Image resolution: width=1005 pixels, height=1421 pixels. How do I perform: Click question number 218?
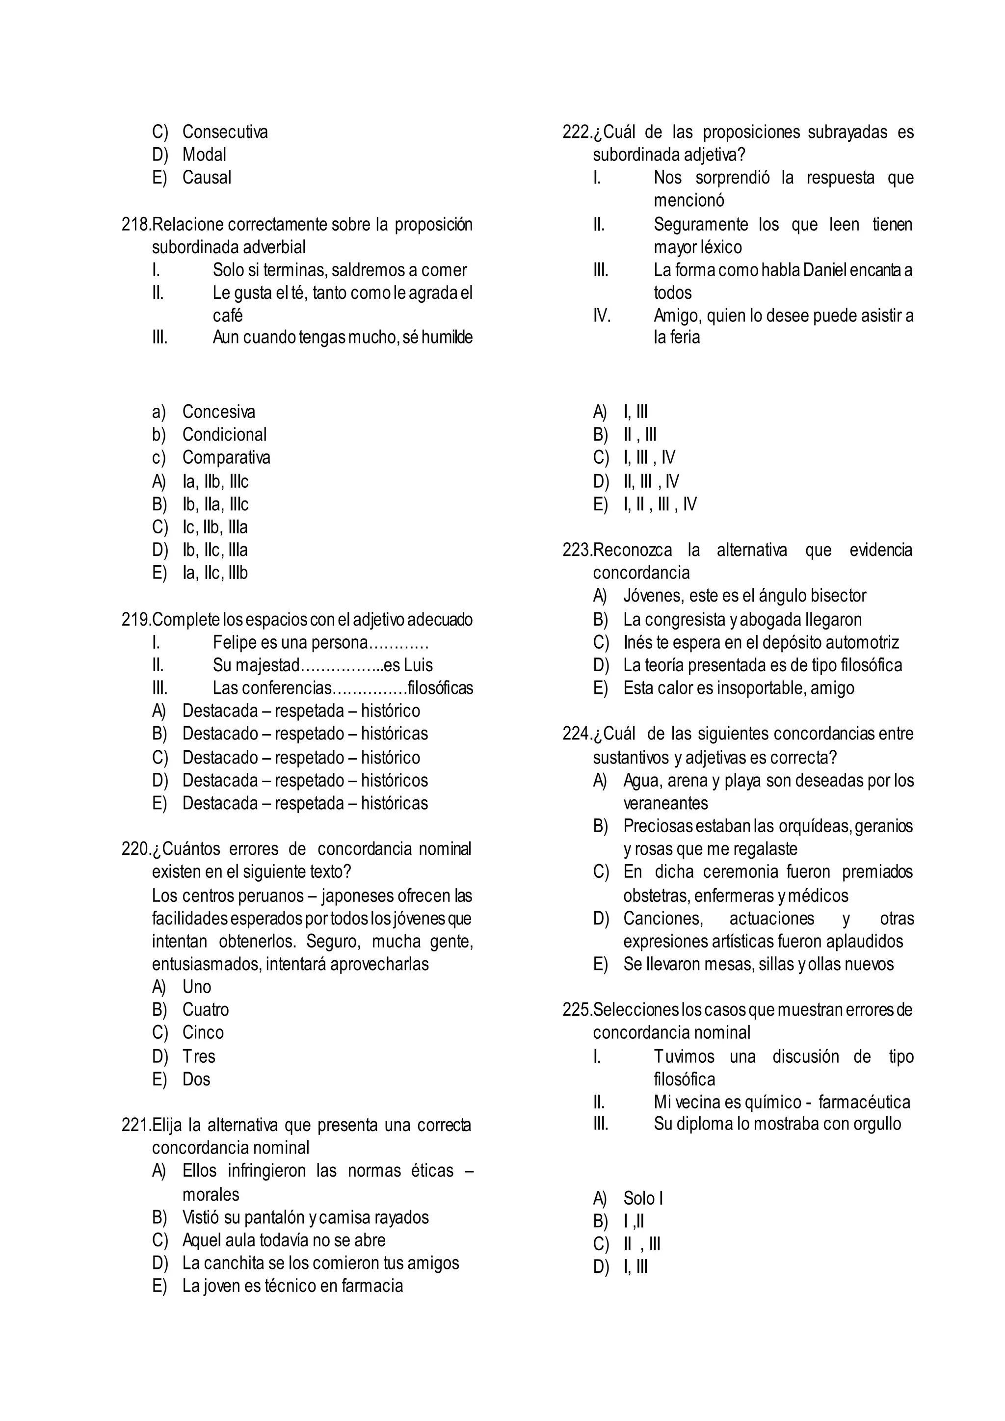(136, 224)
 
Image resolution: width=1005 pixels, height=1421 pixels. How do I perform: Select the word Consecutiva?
(225, 132)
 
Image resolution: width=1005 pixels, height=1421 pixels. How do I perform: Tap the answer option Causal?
(207, 178)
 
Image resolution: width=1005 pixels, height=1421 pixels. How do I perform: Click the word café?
(227, 316)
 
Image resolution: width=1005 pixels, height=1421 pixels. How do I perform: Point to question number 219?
(136, 620)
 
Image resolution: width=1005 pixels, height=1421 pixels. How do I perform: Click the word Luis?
(418, 665)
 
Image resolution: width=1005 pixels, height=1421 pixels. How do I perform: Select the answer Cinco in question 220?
(203, 1032)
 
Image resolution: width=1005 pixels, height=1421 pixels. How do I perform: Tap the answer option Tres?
(199, 1056)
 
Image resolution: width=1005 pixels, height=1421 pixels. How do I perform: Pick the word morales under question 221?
(211, 1194)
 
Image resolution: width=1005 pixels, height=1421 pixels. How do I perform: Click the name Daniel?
(824, 270)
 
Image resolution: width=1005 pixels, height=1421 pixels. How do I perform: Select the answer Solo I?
(643, 1199)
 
